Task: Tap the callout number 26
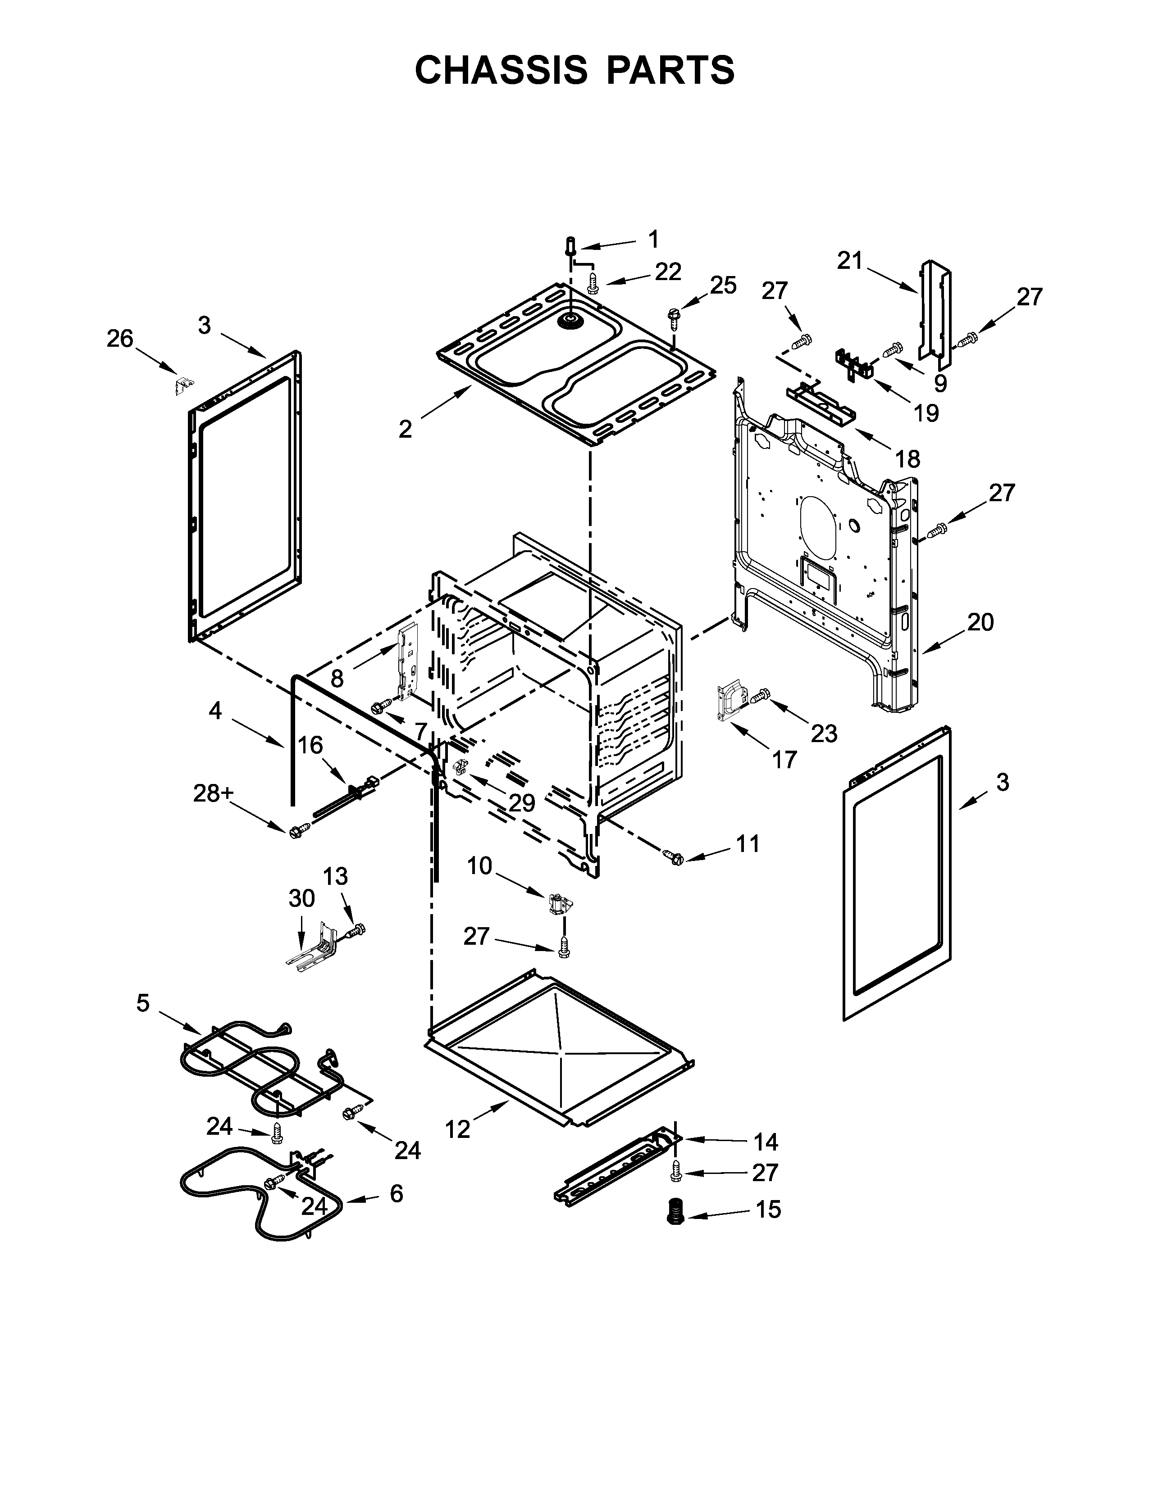[x=120, y=339]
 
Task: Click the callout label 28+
[x=213, y=793]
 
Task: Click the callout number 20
[x=980, y=622]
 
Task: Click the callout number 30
[x=301, y=899]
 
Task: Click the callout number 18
[x=907, y=459]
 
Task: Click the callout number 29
[x=522, y=803]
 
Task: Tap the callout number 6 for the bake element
[x=396, y=1193]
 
